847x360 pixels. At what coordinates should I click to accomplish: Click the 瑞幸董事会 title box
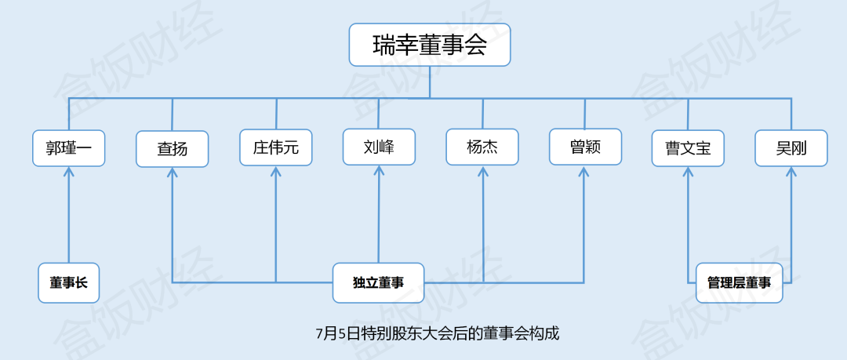click(x=430, y=45)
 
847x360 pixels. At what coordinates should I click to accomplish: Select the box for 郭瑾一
click(x=69, y=147)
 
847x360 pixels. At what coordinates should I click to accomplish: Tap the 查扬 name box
click(x=173, y=148)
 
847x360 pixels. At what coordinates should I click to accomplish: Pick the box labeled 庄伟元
click(x=276, y=147)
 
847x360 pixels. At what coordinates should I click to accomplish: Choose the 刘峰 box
click(x=380, y=147)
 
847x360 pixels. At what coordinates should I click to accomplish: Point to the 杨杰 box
click(x=482, y=147)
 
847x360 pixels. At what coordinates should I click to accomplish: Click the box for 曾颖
click(x=585, y=147)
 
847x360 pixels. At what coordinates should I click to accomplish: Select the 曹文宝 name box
click(x=688, y=148)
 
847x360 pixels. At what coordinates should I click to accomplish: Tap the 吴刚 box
click(x=791, y=148)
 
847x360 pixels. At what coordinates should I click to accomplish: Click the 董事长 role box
click(x=69, y=282)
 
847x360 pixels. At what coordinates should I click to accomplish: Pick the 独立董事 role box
click(x=379, y=282)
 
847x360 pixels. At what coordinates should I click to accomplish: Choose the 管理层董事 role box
click(x=739, y=282)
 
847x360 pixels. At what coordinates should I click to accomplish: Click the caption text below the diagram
click(x=438, y=333)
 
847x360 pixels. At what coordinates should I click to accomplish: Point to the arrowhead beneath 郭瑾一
click(x=69, y=172)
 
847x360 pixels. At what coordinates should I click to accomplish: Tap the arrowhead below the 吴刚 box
click(x=791, y=173)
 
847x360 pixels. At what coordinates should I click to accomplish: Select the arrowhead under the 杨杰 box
click(x=482, y=172)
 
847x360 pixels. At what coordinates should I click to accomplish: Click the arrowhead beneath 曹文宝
click(x=688, y=173)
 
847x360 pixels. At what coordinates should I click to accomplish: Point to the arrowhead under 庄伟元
click(x=276, y=173)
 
